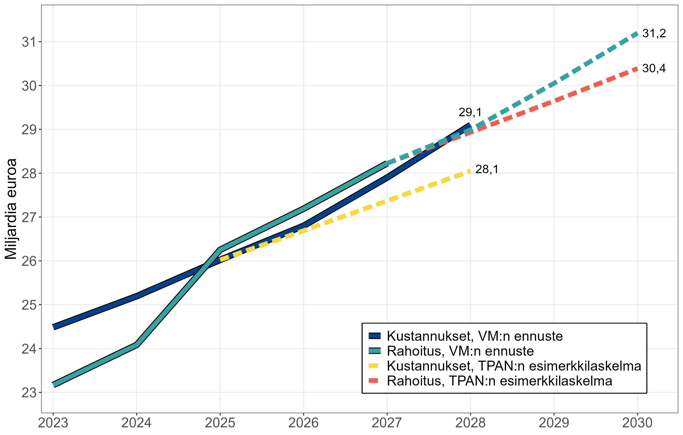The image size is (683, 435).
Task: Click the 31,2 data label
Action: pos(654,34)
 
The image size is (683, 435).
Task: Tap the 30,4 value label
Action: pos(654,68)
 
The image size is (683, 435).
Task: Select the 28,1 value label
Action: pos(487,169)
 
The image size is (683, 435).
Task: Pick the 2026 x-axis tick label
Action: pos(303,423)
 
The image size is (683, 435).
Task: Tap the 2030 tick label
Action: pos(637,423)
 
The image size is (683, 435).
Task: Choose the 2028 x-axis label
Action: pos(470,423)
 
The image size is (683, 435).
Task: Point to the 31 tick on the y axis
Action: pos(29,42)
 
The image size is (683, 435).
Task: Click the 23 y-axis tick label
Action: pos(29,393)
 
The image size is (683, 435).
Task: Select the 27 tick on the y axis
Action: pos(29,217)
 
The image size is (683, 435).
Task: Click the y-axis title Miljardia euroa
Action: pos(11,209)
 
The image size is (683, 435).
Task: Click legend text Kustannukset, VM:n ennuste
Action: pos(475,336)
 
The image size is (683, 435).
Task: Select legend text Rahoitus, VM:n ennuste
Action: pos(460,351)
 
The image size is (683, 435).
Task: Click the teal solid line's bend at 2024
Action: pos(137,345)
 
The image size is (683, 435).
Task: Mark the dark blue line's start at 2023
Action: pos(54,327)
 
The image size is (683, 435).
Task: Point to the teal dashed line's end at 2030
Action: pos(637,34)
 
